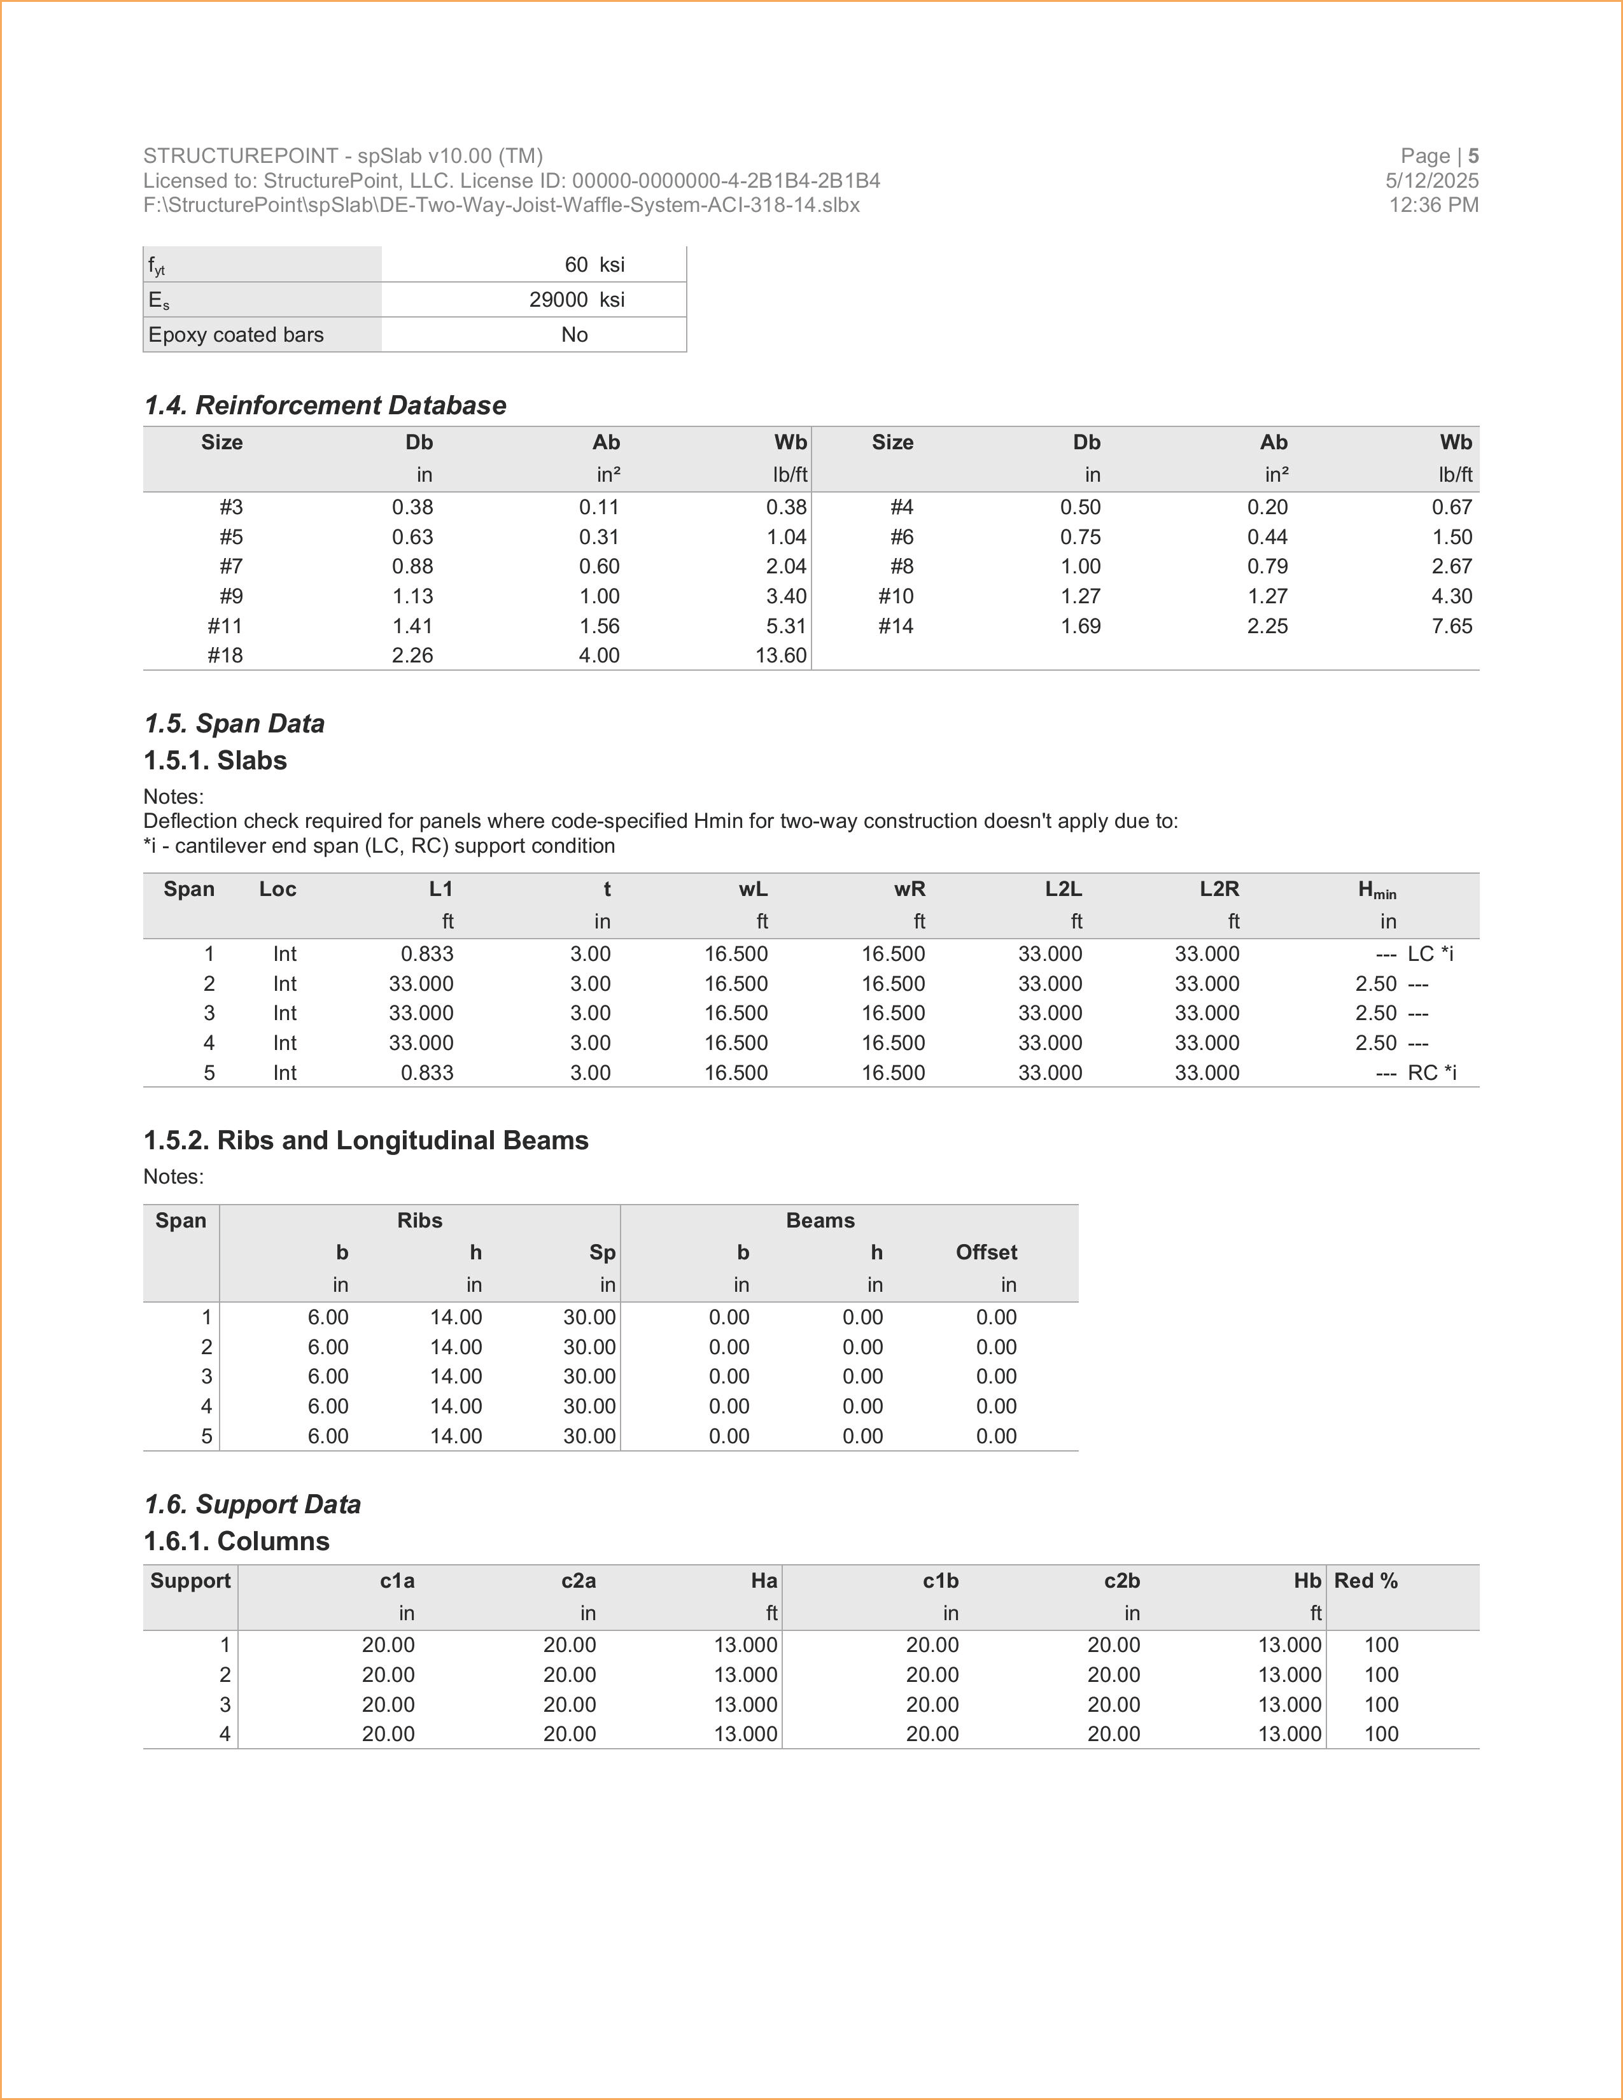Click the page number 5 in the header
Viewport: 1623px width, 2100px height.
[1473, 156]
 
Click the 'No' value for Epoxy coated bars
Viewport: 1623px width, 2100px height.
[574, 335]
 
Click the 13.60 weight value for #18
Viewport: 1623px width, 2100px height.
[781, 655]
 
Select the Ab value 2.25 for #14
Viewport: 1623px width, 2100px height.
[1267, 626]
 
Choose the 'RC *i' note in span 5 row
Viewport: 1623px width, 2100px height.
[1431, 1073]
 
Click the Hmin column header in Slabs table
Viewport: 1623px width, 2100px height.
[1376, 890]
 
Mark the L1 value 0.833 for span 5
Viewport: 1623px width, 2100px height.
[427, 1073]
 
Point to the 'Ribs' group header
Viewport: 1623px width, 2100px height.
[419, 1221]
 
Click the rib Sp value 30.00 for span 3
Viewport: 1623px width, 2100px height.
[589, 1377]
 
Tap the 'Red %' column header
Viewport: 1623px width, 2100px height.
[1365, 1582]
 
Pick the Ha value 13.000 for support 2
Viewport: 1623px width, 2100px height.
[745, 1675]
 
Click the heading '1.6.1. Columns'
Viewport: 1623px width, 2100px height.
[237, 1541]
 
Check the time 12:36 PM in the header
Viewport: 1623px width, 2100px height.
[1433, 205]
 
